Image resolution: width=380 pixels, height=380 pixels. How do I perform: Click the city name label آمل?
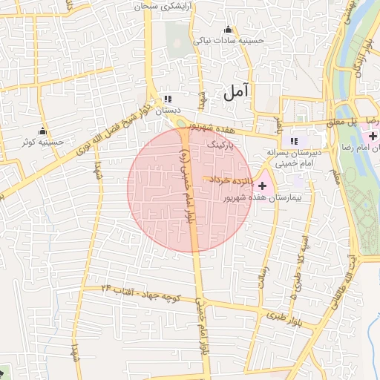(x=236, y=93)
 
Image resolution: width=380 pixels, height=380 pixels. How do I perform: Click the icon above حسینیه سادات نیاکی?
(x=228, y=30)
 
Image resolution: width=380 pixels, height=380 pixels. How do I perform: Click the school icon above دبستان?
(x=167, y=98)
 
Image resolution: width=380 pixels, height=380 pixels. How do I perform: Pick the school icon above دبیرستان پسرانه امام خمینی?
(x=294, y=141)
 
